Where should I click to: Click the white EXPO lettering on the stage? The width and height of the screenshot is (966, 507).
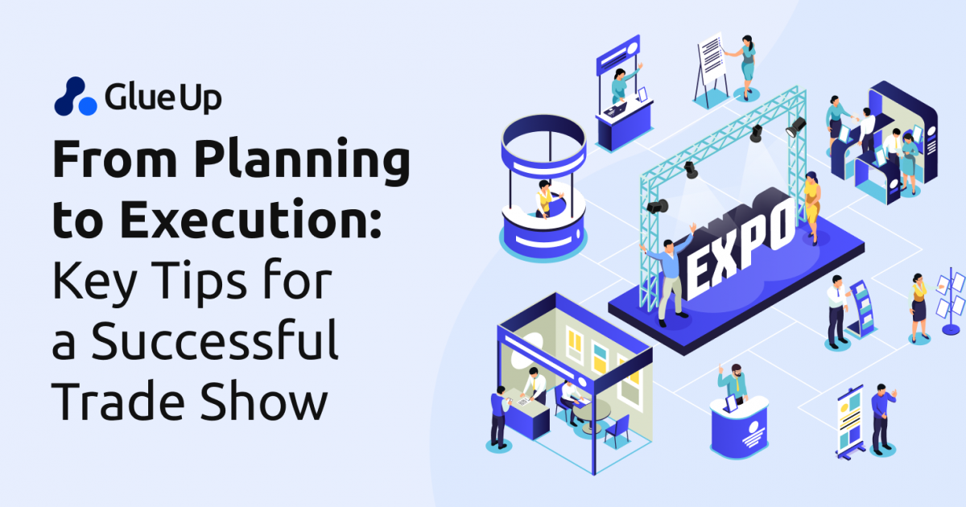point(741,241)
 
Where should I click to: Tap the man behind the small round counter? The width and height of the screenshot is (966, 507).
point(733,385)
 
